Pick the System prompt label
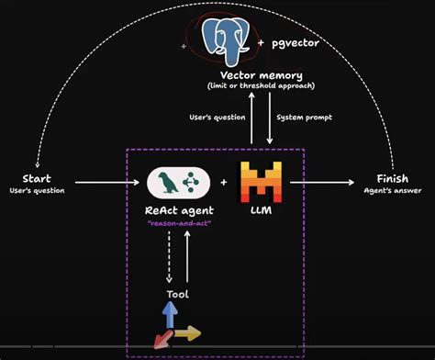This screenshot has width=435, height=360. pos(304,118)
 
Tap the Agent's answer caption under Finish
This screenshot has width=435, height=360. pos(397,190)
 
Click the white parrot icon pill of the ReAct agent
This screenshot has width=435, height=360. pos(178,183)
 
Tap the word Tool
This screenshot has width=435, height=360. pos(177,294)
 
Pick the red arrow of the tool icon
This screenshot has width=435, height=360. pos(161,339)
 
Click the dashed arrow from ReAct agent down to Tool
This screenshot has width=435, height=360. pos(167,257)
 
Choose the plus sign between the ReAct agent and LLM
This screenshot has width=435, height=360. pos(223,183)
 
